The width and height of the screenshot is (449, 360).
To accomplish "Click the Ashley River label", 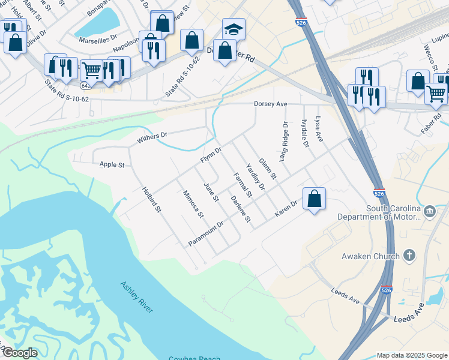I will tap(136, 296).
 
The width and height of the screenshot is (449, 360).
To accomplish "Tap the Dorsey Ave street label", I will tap(271, 104).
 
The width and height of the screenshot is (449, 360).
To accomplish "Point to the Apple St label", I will tap(112, 164).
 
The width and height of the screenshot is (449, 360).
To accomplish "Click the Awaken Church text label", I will tap(370, 256).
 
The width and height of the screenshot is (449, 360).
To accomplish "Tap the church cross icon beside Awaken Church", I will tap(409, 256).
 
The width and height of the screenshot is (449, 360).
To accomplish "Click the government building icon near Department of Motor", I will tap(430, 211).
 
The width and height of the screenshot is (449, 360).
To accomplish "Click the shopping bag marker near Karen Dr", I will tap(314, 199).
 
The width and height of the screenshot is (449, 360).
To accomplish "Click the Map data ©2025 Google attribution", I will tap(411, 355).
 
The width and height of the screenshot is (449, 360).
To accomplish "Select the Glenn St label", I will tap(268, 169).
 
